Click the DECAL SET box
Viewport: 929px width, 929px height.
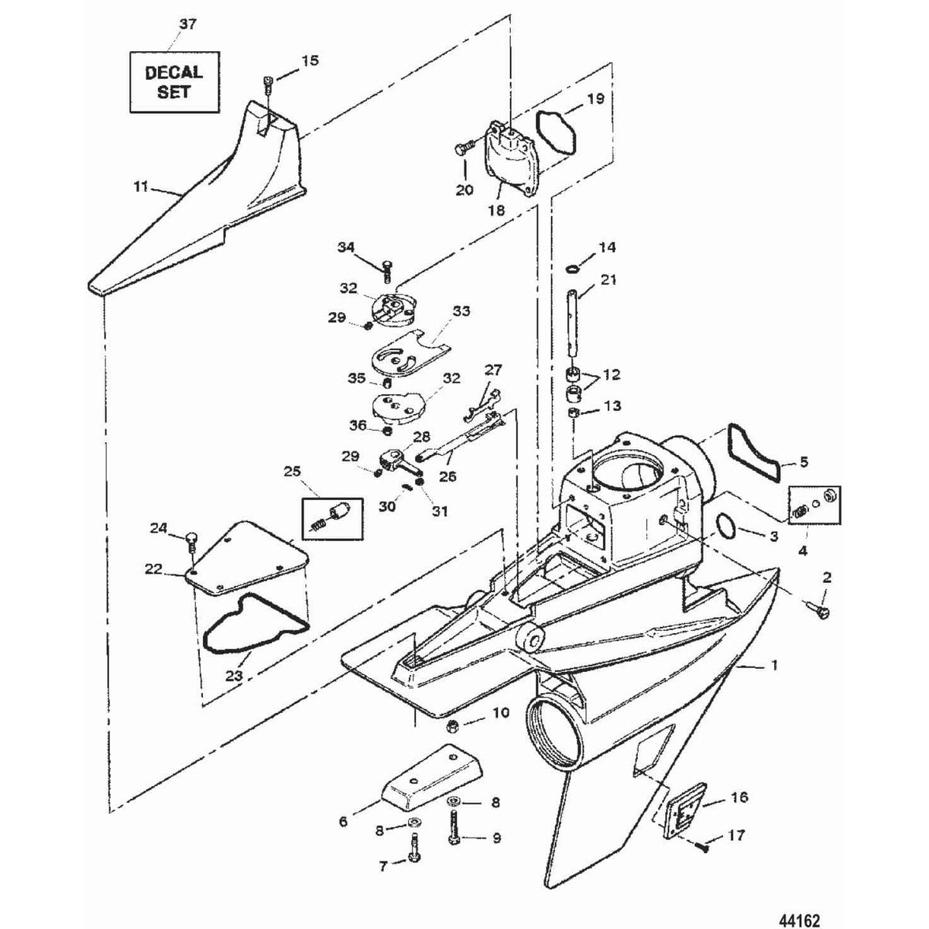coord(173,81)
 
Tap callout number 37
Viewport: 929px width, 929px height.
coord(187,25)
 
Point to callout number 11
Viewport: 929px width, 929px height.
coord(141,187)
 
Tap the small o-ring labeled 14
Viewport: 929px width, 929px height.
coord(571,269)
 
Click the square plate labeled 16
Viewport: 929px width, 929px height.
coord(683,808)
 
